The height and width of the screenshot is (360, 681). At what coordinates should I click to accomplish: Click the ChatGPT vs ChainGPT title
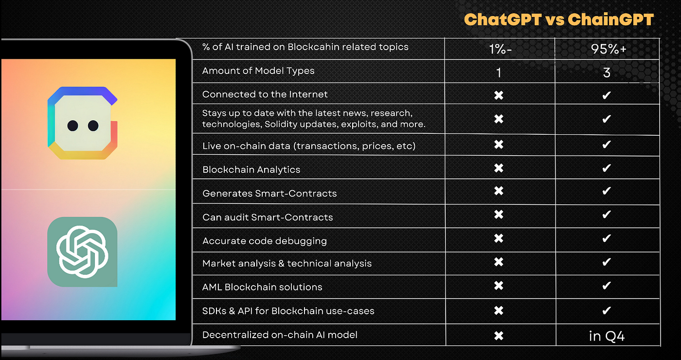559,19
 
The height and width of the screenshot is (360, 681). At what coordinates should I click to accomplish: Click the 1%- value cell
500,49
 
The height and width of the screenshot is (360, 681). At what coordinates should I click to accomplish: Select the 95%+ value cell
607,49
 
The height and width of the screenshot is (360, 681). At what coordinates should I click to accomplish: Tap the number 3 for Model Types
607,72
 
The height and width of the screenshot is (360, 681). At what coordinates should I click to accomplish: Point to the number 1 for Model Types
499,72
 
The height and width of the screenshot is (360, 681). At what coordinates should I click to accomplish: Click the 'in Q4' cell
607,336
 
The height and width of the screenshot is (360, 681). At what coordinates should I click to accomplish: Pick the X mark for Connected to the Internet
499,95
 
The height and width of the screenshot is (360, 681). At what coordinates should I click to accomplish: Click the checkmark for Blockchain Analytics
607,168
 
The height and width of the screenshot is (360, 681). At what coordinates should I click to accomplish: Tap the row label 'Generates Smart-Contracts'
269,193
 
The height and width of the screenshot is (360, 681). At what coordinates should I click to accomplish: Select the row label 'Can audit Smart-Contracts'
268,217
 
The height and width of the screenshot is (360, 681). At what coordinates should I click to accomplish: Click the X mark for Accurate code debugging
499,239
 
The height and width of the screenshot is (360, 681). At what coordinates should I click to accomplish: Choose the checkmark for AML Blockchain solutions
607,286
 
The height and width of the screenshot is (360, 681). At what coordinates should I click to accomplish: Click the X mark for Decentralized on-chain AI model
499,335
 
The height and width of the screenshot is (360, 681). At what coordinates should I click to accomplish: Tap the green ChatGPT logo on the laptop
82,252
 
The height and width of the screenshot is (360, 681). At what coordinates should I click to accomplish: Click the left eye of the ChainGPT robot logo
73,126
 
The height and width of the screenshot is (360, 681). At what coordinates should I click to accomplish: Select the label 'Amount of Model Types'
258,71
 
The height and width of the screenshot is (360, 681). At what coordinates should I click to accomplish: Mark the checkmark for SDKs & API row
607,310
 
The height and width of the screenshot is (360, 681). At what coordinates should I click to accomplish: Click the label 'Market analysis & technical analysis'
287,263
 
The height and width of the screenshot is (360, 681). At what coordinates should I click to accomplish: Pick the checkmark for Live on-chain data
607,144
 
